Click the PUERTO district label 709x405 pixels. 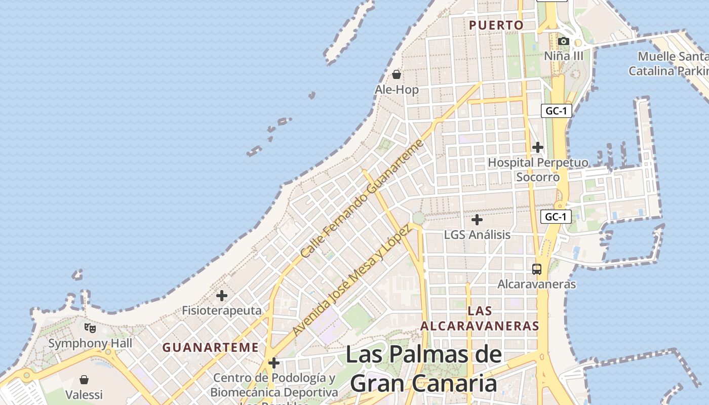pos(496,25)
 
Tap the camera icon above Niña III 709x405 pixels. pos(563,41)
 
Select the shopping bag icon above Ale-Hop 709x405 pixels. pos(397,75)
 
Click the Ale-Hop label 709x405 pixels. pos(397,90)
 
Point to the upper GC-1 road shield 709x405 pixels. pos(556,111)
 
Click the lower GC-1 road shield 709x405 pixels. pos(556,217)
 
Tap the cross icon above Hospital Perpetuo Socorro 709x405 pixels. pos(537,147)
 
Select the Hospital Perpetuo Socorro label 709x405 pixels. pos(538,170)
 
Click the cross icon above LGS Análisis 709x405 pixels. pos(477,220)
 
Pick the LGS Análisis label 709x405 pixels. pos(477,235)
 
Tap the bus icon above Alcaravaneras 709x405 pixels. pos(537,269)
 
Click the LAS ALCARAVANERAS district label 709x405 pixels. pos(480,318)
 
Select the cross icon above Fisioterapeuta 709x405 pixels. pos(222,296)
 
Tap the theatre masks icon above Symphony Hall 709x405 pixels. pos(90,328)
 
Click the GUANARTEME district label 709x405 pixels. pos(210,348)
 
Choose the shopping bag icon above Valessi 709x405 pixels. pos(84,379)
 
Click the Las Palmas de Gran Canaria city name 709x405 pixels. pos(423,369)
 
